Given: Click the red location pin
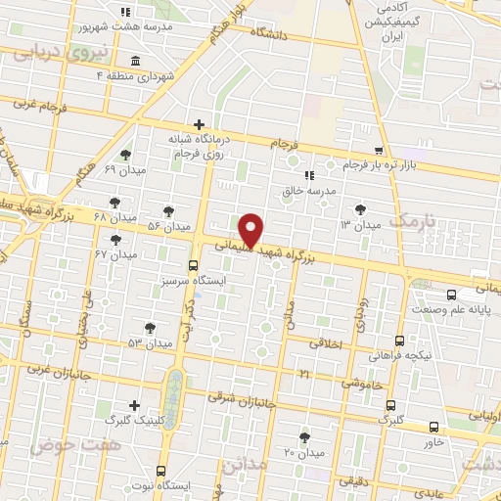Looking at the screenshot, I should coord(251,229).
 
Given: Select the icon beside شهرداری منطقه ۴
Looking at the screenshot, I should coord(134,62).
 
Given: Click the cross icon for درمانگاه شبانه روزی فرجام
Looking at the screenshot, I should coord(200,124).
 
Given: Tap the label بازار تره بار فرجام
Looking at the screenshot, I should coord(387,164).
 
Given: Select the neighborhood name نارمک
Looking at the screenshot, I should coord(415,221).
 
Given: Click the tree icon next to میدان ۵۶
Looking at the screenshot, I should coord(168,210).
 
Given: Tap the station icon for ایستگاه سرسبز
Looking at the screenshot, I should coord(192,264).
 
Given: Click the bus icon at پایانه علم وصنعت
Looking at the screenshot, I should coord(451,294).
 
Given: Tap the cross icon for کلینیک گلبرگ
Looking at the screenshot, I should coord(134,405).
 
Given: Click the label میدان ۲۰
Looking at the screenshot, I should coord(303,453).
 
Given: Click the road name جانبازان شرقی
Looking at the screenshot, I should coord(244,400).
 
